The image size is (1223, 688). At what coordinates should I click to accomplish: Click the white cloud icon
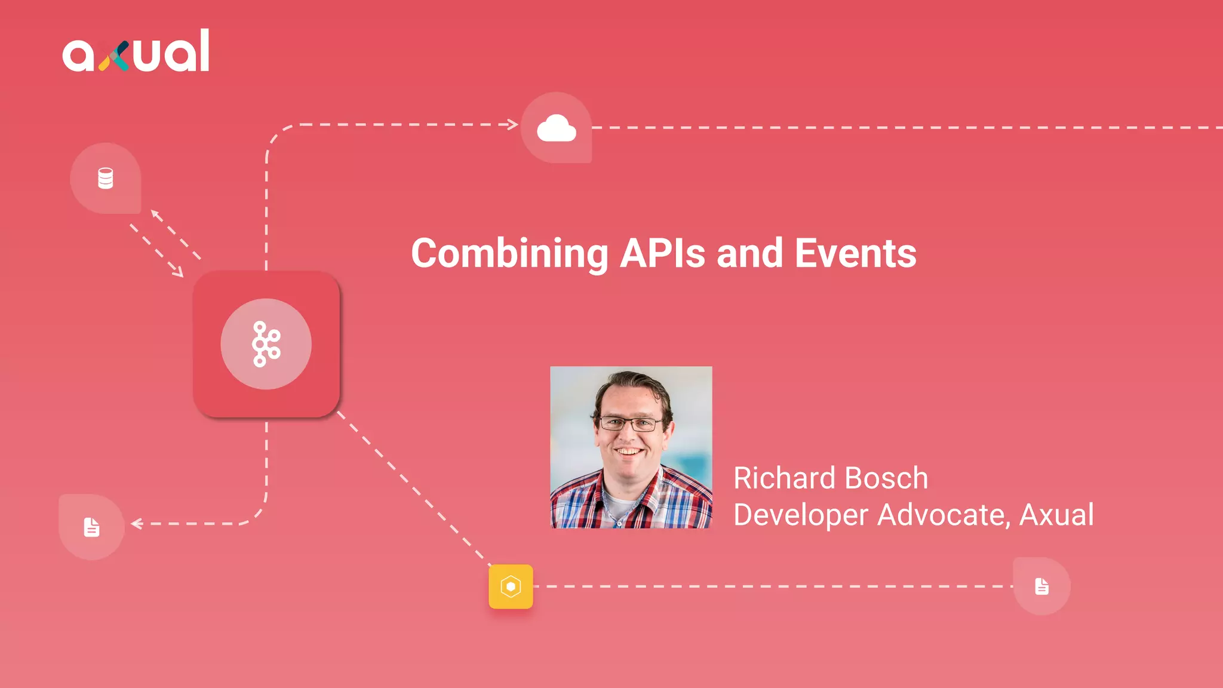pyautogui.click(x=557, y=128)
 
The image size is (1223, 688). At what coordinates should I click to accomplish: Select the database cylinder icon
pyautogui.click(x=106, y=178)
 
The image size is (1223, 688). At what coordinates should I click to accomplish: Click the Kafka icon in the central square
pyautogui.click(x=266, y=344)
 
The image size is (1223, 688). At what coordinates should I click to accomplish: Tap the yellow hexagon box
pyautogui.click(x=511, y=586)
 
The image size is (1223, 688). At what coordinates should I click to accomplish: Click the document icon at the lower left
pyautogui.click(x=91, y=527)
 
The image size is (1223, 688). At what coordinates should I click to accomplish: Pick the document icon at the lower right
pyautogui.click(x=1041, y=586)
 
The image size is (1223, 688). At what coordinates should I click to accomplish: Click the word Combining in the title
pyautogui.click(x=509, y=254)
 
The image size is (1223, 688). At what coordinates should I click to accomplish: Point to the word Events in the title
pyautogui.click(x=855, y=253)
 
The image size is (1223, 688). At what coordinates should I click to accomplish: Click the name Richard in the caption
pyautogui.click(x=784, y=478)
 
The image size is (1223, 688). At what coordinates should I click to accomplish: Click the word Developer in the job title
pyautogui.click(x=800, y=515)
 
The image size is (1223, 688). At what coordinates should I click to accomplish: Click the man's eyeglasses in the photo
pyautogui.click(x=631, y=424)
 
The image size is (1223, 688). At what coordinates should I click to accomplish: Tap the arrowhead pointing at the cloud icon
pyautogui.click(x=513, y=124)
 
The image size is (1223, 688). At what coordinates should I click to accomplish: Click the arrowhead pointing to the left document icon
pyautogui.click(x=136, y=524)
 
